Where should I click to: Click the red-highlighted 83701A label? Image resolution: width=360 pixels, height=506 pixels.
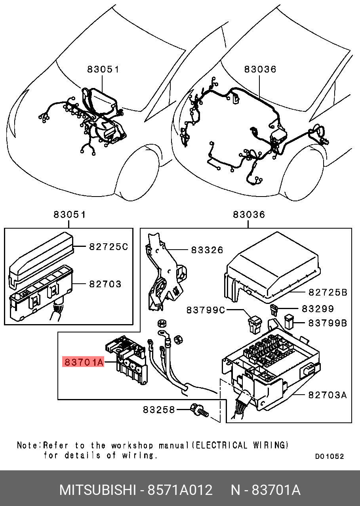(x=84, y=362)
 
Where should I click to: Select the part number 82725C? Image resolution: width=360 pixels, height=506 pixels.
(x=108, y=246)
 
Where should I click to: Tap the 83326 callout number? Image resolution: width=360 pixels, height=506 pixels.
(x=207, y=250)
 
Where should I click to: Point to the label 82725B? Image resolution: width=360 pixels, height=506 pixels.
(x=328, y=292)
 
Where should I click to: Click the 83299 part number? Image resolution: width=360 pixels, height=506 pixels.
(x=318, y=308)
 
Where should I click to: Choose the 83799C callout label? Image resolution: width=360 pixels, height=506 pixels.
(x=206, y=309)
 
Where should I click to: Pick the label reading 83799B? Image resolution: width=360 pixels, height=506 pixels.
(x=328, y=323)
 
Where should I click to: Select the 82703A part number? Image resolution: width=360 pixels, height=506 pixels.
(x=328, y=395)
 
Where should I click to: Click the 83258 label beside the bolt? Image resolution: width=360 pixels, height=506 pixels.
(x=159, y=410)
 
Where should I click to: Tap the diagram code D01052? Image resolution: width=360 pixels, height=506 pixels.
(x=330, y=456)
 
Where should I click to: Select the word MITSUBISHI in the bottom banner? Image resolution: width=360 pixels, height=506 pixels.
(x=97, y=490)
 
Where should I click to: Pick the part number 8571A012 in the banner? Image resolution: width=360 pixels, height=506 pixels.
(x=180, y=490)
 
